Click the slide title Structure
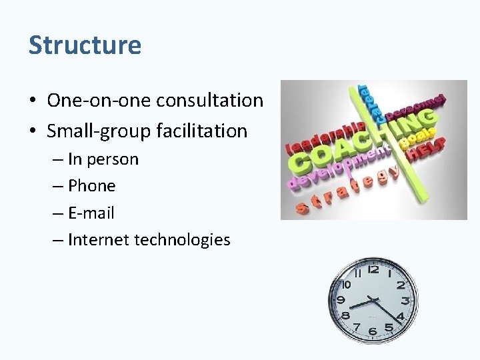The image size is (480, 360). pos(85,45)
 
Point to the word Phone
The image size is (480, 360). pos(92,186)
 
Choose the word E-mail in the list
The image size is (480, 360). pos(91,213)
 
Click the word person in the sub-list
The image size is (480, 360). pos(113,160)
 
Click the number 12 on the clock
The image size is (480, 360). pos(373,269)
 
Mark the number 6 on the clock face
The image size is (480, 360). pos(373,331)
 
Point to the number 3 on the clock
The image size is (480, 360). pos(405,301)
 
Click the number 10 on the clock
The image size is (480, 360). pos(345,285)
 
